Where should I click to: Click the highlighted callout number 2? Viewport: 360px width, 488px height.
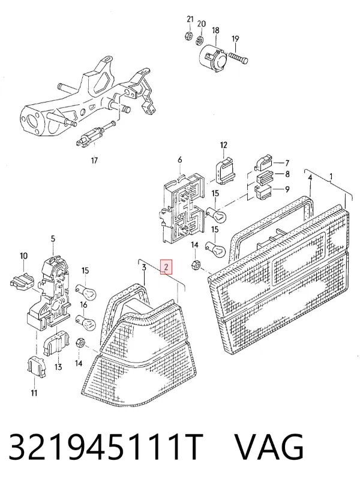[166, 267]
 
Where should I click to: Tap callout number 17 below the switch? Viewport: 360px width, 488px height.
[94, 160]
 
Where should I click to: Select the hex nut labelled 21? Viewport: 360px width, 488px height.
[188, 35]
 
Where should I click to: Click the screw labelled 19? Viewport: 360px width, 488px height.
[238, 58]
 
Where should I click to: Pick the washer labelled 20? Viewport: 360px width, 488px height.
[200, 40]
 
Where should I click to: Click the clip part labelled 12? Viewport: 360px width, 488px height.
[225, 171]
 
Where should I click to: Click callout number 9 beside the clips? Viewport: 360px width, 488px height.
[287, 189]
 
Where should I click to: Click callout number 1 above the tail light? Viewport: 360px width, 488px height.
[331, 176]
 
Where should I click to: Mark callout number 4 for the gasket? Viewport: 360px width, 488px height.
[310, 177]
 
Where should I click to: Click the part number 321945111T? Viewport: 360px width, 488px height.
[106, 447]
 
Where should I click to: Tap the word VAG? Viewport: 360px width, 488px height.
[269, 447]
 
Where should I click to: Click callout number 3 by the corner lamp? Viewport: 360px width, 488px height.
[144, 267]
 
